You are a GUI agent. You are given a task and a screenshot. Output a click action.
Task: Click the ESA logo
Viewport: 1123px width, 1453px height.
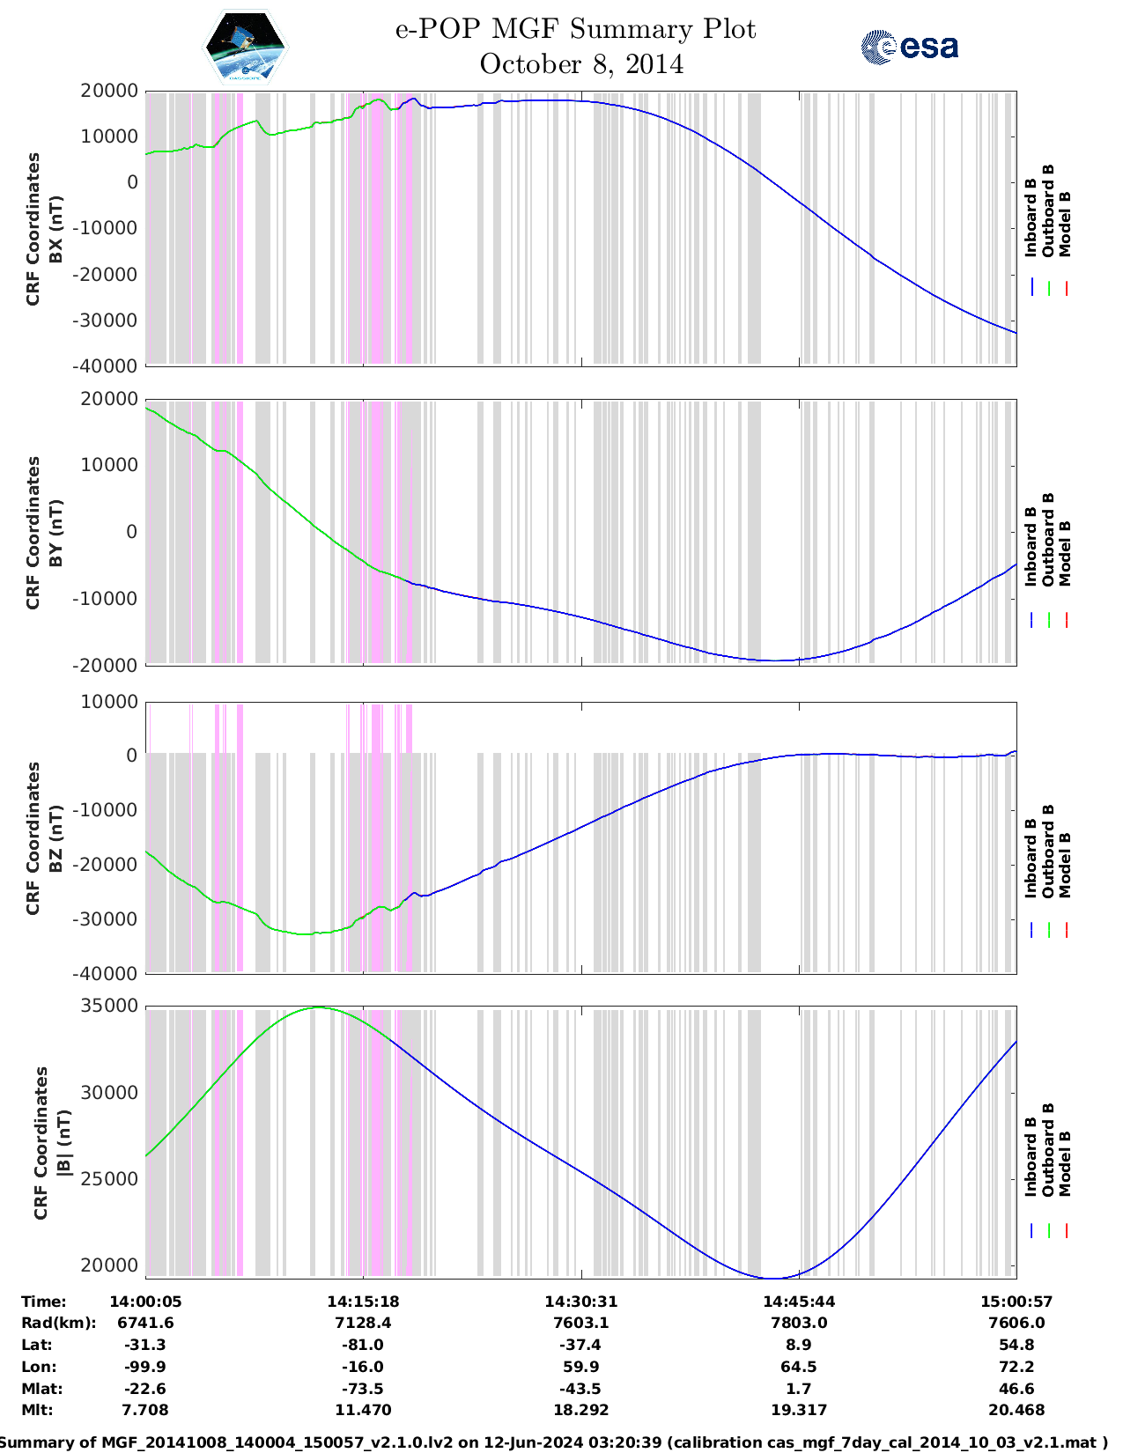pos(910,47)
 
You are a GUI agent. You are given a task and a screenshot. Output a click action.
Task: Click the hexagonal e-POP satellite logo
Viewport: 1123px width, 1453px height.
pos(245,47)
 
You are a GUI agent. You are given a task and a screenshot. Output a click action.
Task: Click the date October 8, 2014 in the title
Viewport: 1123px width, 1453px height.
pos(581,64)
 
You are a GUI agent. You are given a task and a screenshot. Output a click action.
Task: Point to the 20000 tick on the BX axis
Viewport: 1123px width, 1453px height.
pos(108,91)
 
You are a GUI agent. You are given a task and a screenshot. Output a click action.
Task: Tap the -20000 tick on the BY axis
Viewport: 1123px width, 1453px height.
pos(108,665)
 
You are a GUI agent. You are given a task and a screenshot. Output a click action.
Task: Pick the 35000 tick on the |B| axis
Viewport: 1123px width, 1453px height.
pos(108,1006)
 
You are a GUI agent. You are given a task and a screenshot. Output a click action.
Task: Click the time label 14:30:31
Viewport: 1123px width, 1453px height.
pos(580,1302)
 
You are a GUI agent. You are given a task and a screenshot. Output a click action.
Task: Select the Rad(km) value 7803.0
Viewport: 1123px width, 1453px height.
pos(799,1323)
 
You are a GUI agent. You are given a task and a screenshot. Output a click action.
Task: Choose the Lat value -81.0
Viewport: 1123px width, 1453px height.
pos(363,1345)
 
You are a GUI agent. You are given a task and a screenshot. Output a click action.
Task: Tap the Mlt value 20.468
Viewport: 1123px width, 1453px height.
pos(1016,1410)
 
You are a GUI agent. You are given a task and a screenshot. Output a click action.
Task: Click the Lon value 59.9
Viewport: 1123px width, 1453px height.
pos(580,1367)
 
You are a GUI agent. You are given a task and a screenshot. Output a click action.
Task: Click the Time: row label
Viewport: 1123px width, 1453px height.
pos(43,1302)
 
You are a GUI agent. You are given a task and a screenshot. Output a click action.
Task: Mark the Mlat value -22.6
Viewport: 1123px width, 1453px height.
pos(145,1389)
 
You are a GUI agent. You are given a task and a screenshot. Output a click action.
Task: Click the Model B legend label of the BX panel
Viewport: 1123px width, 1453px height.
pos(1065,224)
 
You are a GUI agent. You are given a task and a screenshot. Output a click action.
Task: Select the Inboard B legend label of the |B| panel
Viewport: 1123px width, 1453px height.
pos(1031,1156)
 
